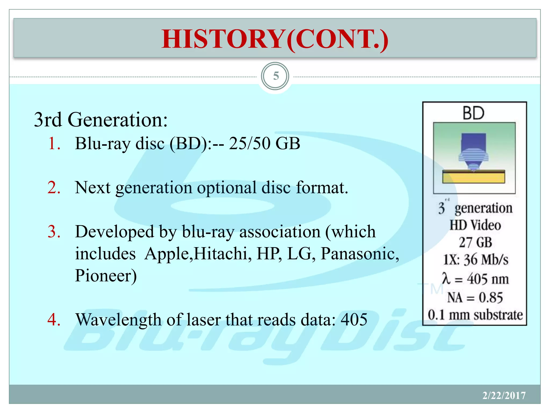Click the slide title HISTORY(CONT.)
(275, 39)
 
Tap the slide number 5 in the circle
(276, 76)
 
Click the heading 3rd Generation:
(101, 120)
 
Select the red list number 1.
(54, 143)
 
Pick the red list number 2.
(54, 187)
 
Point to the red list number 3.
(54, 232)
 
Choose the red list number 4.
(54, 320)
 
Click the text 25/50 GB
(265, 143)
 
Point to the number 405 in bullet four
(354, 320)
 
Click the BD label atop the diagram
(474, 113)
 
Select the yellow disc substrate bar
(474, 177)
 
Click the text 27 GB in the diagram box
(475, 242)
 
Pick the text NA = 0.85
(475, 298)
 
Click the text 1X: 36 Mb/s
(476, 260)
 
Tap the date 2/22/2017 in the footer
(504, 396)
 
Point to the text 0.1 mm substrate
(475, 315)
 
